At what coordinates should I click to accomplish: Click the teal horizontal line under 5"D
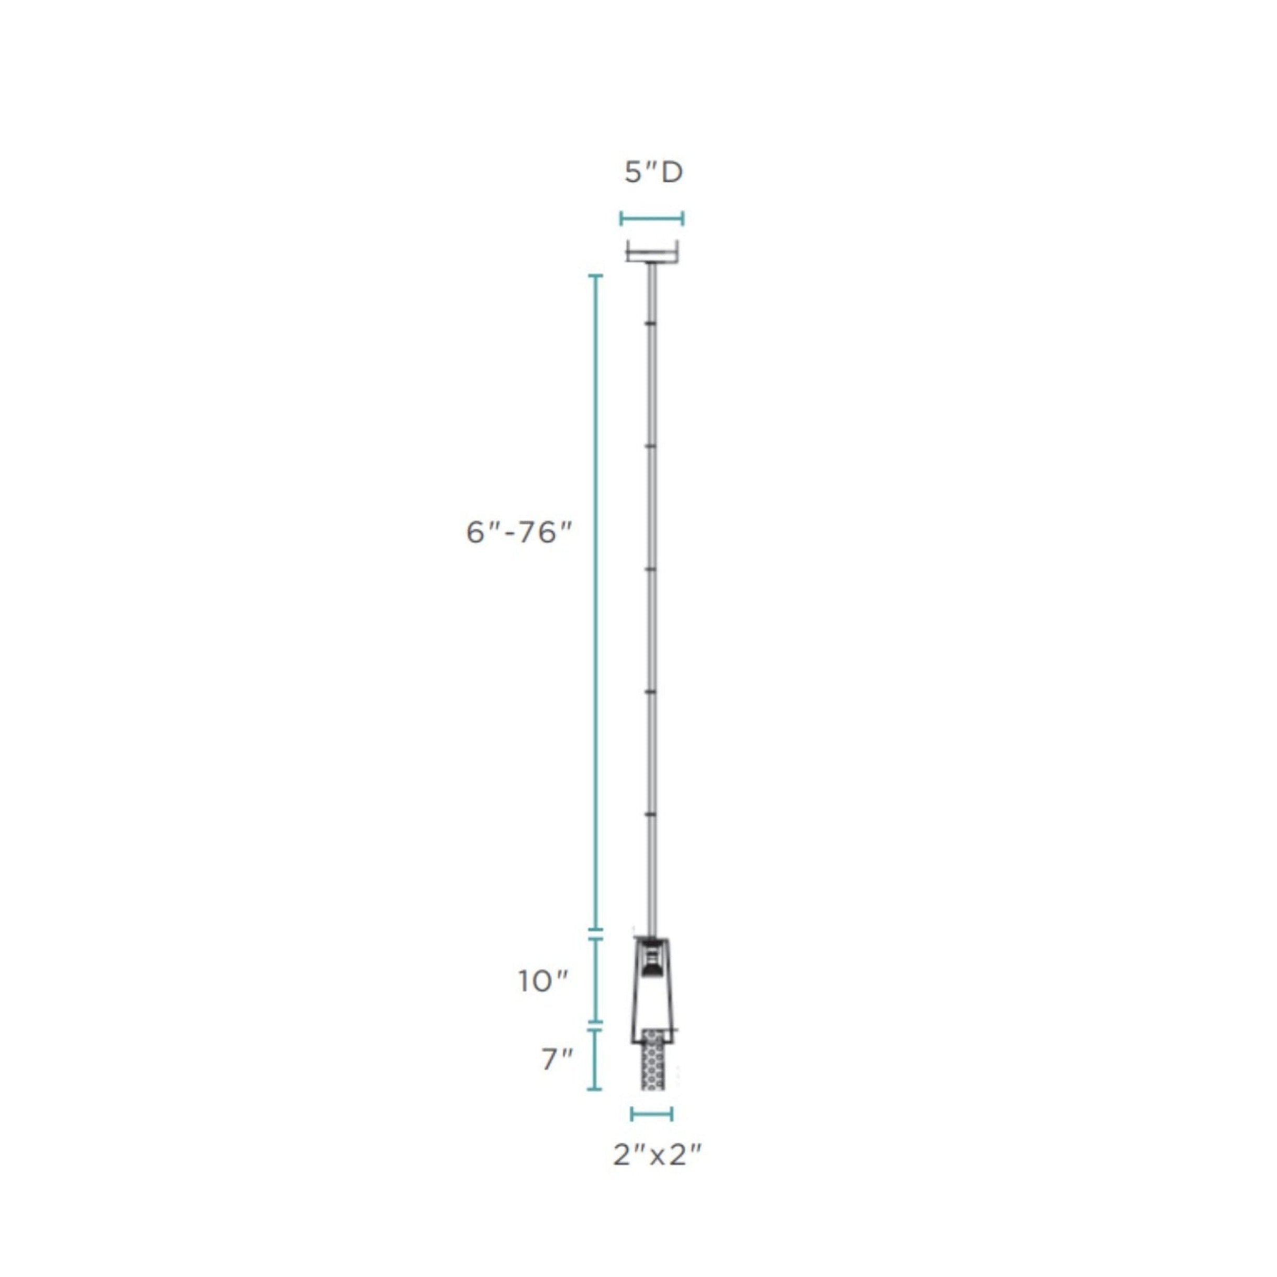point(652,219)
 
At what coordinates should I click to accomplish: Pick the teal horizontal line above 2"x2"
point(652,1114)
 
